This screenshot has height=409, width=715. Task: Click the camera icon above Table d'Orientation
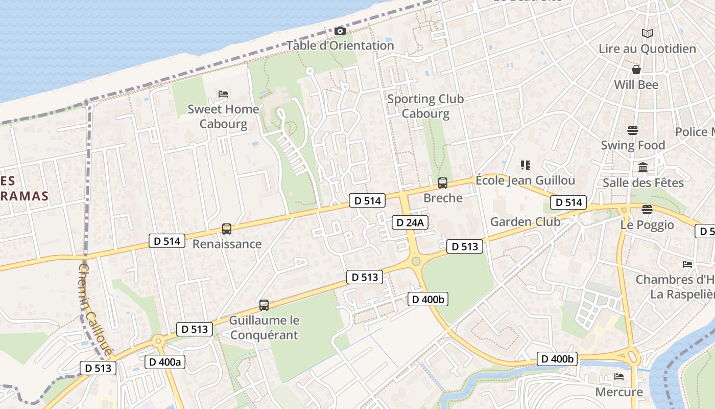pos(340,31)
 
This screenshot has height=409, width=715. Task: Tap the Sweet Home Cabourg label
pos(223,117)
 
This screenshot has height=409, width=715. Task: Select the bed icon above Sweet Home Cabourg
pos(223,94)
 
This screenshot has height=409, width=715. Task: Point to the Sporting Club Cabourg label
pos(425,106)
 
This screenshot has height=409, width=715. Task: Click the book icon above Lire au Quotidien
pos(648,34)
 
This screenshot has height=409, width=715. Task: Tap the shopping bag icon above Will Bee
pos(636,69)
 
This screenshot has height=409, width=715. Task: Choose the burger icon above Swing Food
pos(633,130)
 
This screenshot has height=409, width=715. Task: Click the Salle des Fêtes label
pos(643,183)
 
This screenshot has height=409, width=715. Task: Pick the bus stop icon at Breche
pos(443,183)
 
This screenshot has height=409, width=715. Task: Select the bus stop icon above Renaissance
pos(227,229)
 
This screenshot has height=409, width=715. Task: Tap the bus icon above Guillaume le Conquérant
pos(264,305)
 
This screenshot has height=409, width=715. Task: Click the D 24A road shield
pos(410,222)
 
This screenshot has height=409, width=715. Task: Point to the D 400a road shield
pos(164,362)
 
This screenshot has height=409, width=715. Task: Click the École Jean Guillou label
pos(525,180)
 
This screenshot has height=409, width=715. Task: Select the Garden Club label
pos(525,222)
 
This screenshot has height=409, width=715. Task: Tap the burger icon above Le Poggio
pos(647,210)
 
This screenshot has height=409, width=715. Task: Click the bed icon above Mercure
pos(619,377)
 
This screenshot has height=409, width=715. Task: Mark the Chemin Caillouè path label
pos(95,310)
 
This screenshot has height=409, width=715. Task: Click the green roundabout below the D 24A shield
pos(416,261)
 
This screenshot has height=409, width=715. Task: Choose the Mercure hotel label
pos(619,392)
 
